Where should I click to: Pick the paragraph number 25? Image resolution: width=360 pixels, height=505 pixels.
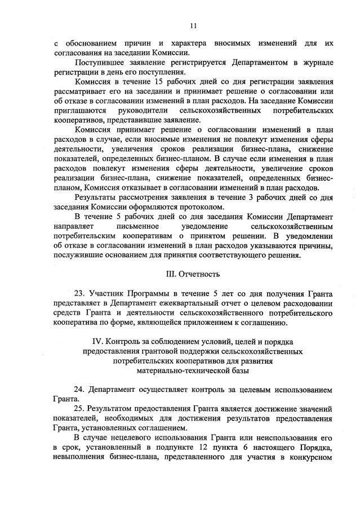79,407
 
